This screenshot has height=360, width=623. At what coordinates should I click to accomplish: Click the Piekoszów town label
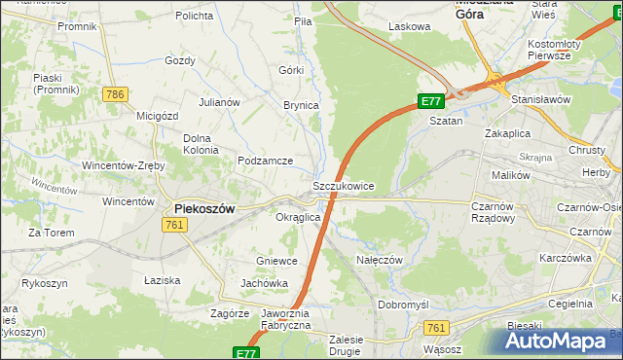point(208,208)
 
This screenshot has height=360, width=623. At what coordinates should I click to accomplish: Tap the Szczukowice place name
point(343,185)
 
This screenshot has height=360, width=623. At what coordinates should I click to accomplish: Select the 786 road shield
point(115,94)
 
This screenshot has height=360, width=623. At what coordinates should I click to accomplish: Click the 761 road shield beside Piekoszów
point(175,225)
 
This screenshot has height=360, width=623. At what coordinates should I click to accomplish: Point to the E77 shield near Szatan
point(432,101)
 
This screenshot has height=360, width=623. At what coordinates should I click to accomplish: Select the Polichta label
point(195,17)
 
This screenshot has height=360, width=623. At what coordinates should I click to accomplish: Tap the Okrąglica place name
point(299,217)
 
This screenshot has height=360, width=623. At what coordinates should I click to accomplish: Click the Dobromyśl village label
point(403,305)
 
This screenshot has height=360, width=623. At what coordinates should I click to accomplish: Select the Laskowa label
point(409,27)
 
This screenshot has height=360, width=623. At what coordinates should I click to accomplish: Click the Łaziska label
point(162,280)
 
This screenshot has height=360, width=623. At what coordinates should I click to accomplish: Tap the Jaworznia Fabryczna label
point(285,320)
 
